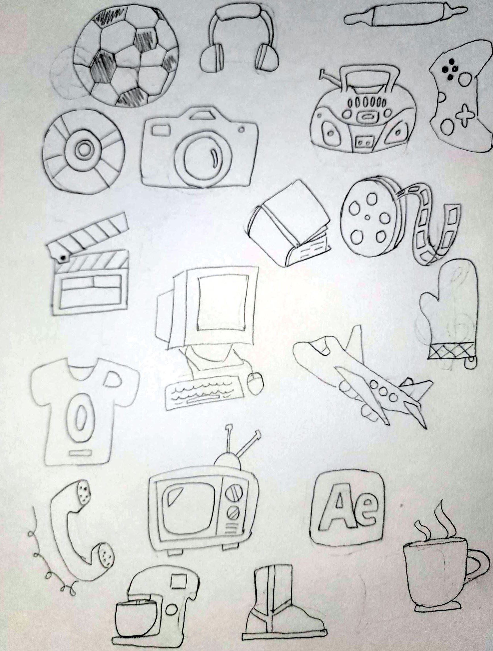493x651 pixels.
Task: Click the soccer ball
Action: click(125, 56)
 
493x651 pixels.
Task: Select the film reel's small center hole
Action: click(367, 218)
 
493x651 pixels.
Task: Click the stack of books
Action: click(290, 224)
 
